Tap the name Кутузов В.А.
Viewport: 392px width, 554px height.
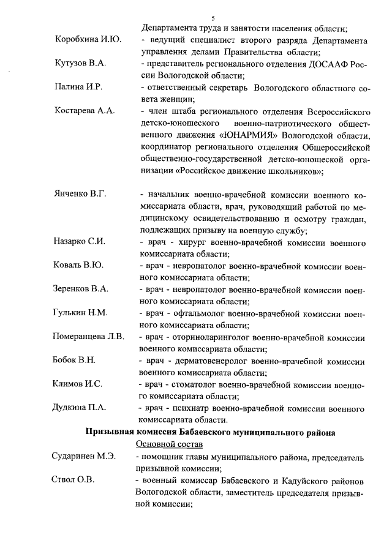80,64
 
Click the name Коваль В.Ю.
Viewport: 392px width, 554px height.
78,265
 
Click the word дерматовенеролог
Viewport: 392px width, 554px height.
211,361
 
